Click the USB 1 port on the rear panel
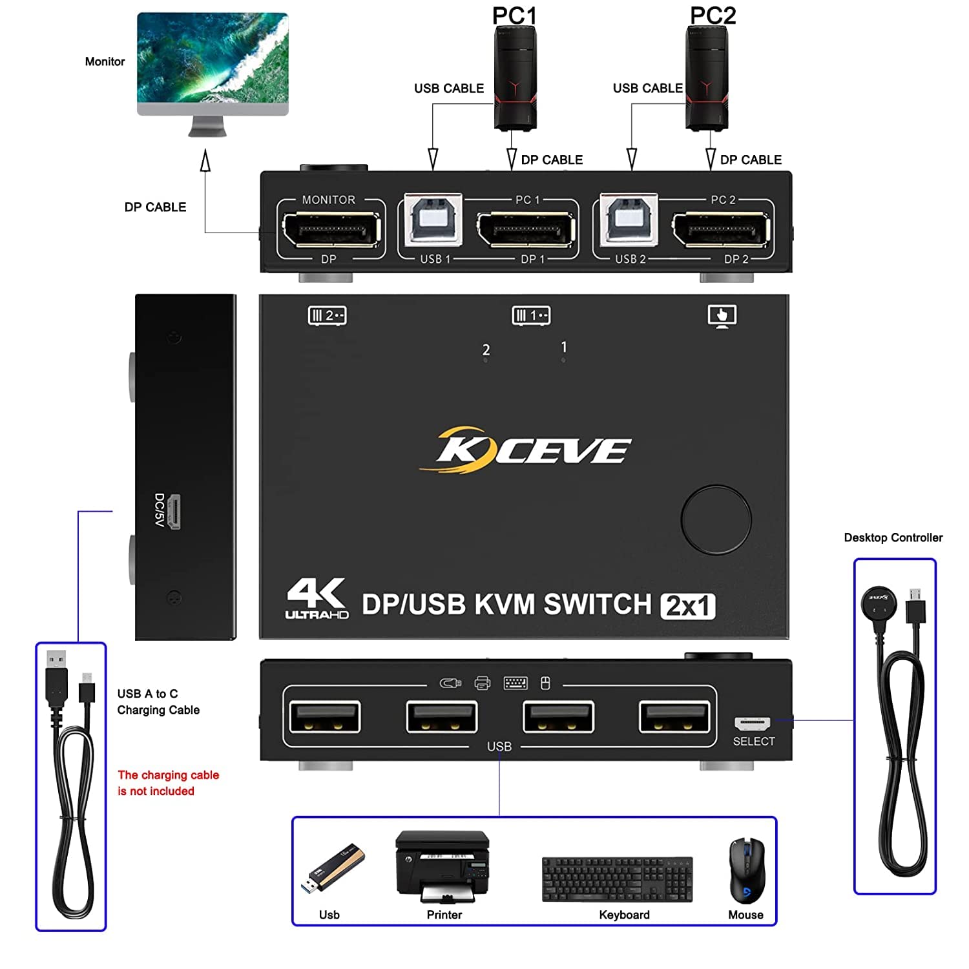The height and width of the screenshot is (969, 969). click(433, 220)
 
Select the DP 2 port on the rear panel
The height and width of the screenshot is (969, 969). click(721, 229)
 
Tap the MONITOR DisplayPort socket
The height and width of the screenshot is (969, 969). click(331, 230)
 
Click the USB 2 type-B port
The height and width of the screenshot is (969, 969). click(629, 220)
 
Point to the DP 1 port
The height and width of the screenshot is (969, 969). click(526, 229)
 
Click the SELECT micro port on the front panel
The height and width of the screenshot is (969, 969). click(752, 722)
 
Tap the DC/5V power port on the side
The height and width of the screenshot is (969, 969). click(174, 512)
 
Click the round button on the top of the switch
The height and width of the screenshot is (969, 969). click(716, 519)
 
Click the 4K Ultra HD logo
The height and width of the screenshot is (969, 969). click(317, 598)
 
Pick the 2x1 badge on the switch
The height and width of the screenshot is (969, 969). click(687, 606)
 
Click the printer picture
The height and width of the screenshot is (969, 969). click(443, 866)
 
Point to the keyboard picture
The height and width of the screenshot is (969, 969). click(617, 879)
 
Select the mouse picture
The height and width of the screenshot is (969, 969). click(746, 870)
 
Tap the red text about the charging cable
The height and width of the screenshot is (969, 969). click(168, 783)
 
